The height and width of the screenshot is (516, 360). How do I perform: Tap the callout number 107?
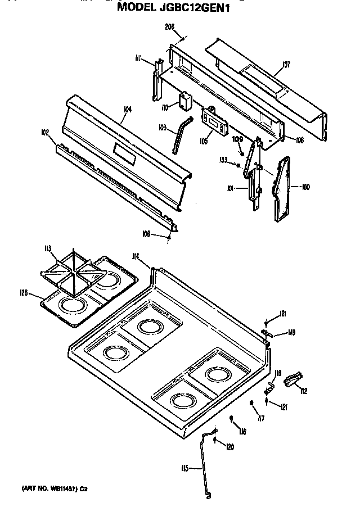tap(286, 65)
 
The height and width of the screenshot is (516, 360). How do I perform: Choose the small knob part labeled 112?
tap(293, 382)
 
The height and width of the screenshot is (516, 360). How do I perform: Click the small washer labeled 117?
tap(253, 404)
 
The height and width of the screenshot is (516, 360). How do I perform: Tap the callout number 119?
tap(291, 332)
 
